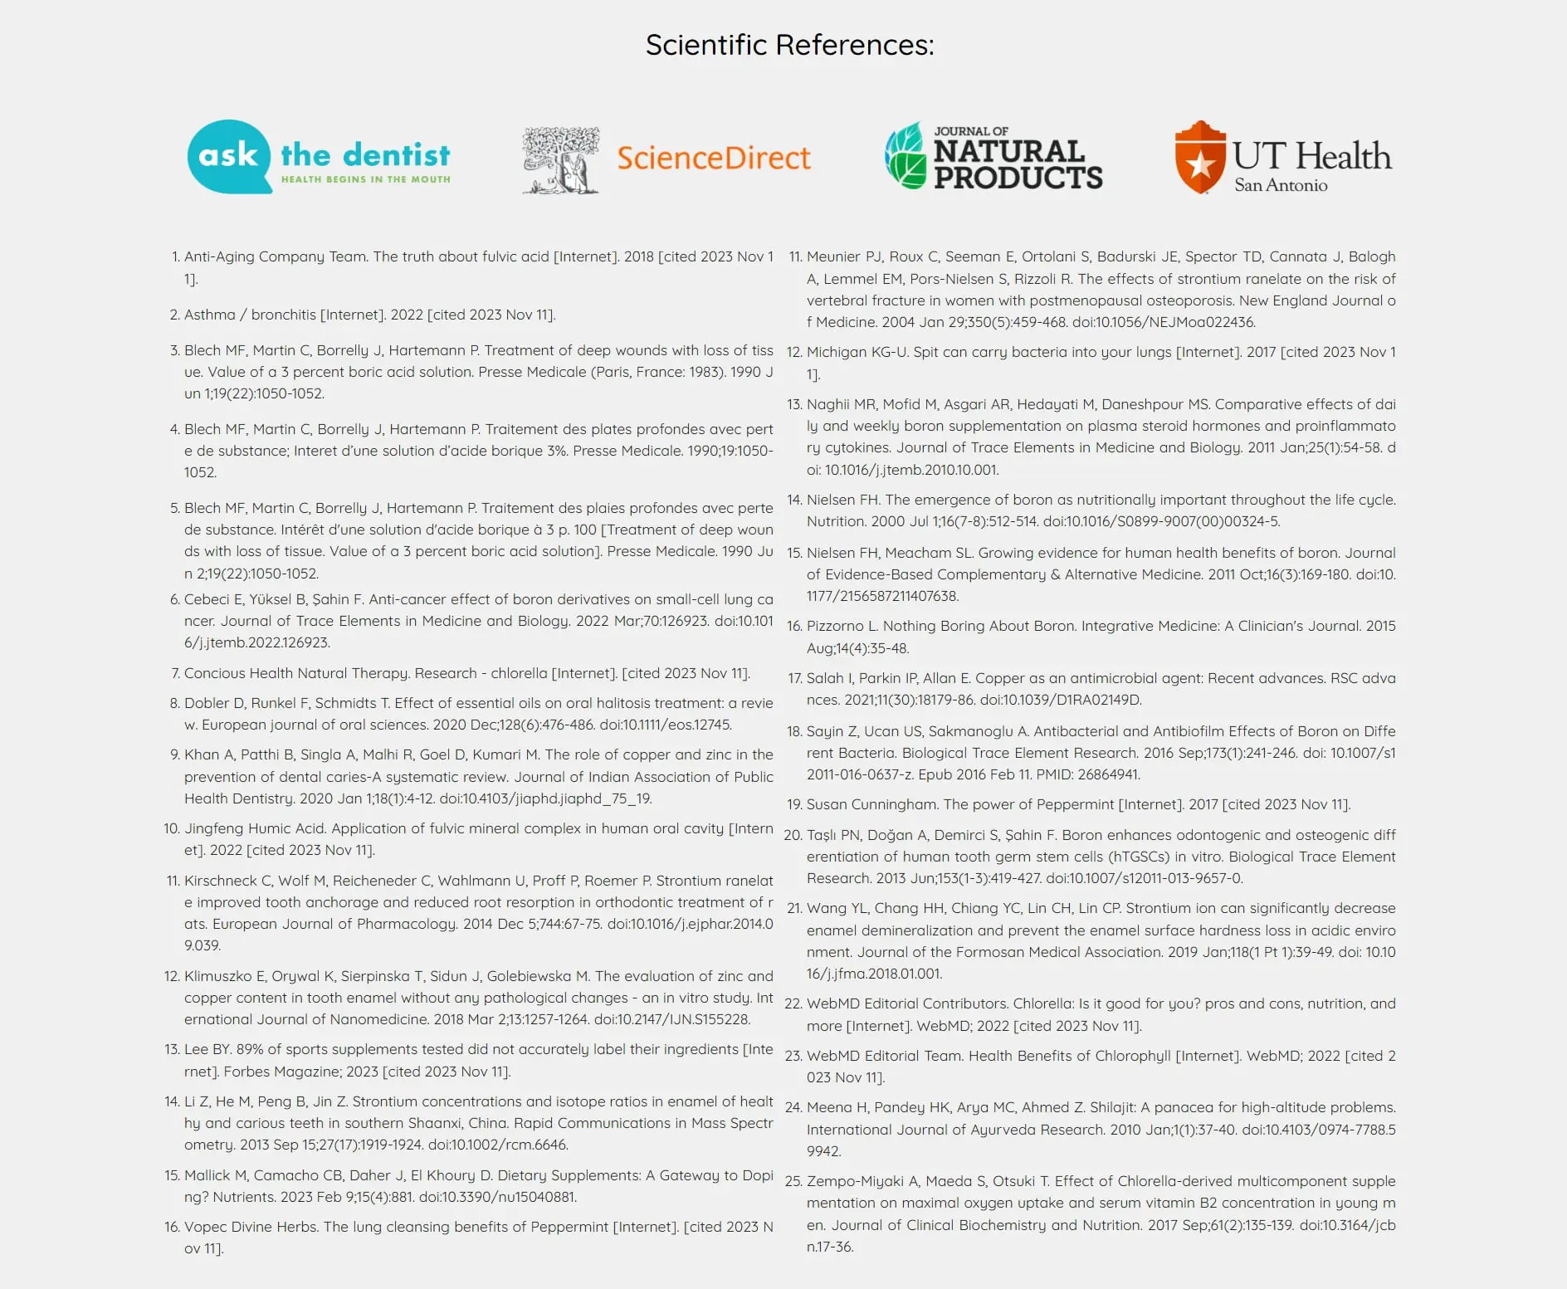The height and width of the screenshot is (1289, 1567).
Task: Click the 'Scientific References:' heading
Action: pyautogui.click(x=789, y=45)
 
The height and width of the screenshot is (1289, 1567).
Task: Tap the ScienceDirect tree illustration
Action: pyautogui.click(x=561, y=160)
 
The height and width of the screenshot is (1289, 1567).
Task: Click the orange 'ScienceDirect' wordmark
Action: pyautogui.click(x=714, y=158)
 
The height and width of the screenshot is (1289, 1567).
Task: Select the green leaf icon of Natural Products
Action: pyautogui.click(x=905, y=156)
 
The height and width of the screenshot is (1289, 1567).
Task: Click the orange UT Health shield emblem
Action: pyautogui.click(x=1200, y=157)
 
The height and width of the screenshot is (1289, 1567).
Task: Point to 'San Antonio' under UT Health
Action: pyautogui.click(x=1281, y=185)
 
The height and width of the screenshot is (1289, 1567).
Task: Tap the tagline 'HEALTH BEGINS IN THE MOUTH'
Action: pyautogui.click(x=366, y=179)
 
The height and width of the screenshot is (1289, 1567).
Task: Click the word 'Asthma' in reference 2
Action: pyautogui.click(x=210, y=315)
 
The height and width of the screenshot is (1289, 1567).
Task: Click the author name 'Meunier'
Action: pyautogui.click(x=833, y=256)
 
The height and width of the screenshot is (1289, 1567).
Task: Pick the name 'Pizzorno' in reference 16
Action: pyautogui.click(x=835, y=626)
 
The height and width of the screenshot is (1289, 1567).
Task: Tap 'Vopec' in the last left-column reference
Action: pyautogui.click(x=204, y=1227)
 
